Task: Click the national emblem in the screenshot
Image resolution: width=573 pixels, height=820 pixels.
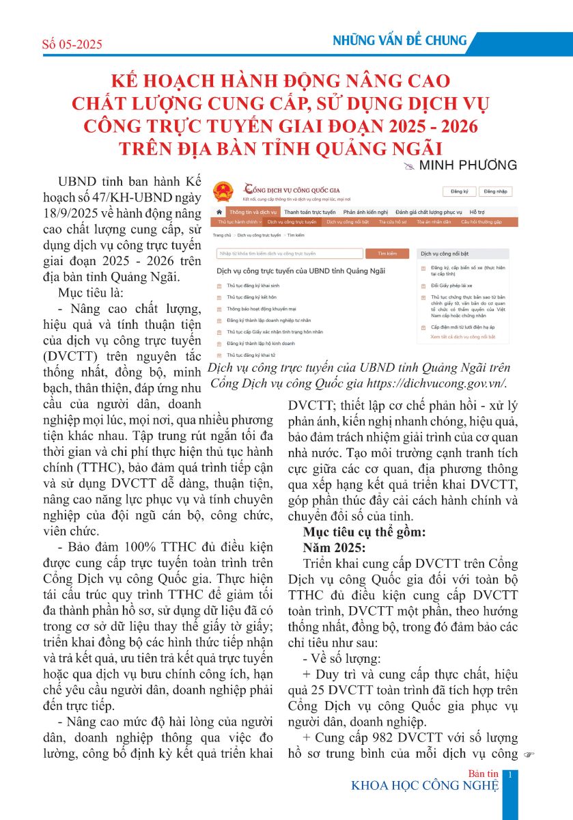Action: [x=223, y=191]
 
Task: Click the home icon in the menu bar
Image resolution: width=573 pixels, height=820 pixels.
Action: [x=219, y=213]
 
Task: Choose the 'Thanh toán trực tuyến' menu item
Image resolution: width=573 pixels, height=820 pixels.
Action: [x=309, y=213]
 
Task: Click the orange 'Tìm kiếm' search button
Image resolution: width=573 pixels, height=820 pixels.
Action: [x=387, y=254]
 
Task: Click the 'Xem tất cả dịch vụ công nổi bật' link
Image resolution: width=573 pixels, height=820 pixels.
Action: [x=462, y=337]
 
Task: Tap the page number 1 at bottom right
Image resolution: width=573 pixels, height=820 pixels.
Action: [x=511, y=774]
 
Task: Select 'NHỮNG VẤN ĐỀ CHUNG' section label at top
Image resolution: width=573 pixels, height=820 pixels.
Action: [x=400, y=40]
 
